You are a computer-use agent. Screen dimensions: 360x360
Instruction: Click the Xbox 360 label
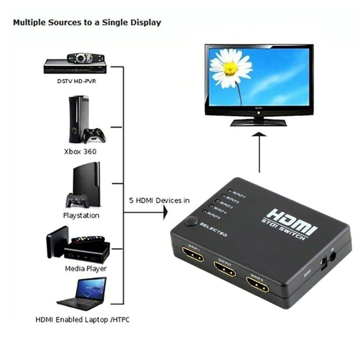80,151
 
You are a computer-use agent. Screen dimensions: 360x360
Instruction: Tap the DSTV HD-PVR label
77,81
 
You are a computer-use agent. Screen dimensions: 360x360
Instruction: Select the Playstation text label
81,216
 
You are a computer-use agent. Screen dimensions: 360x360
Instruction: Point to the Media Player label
86,269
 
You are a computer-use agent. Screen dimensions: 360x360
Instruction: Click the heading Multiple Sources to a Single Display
87,23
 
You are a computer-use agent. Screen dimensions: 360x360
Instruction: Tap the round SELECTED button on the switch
191,222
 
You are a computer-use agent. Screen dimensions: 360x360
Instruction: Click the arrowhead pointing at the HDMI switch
165,213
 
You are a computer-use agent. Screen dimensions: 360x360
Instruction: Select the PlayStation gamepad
77,200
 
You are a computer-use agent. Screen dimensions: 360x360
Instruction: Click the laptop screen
91,288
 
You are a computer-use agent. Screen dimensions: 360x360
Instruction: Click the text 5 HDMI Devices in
159,200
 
